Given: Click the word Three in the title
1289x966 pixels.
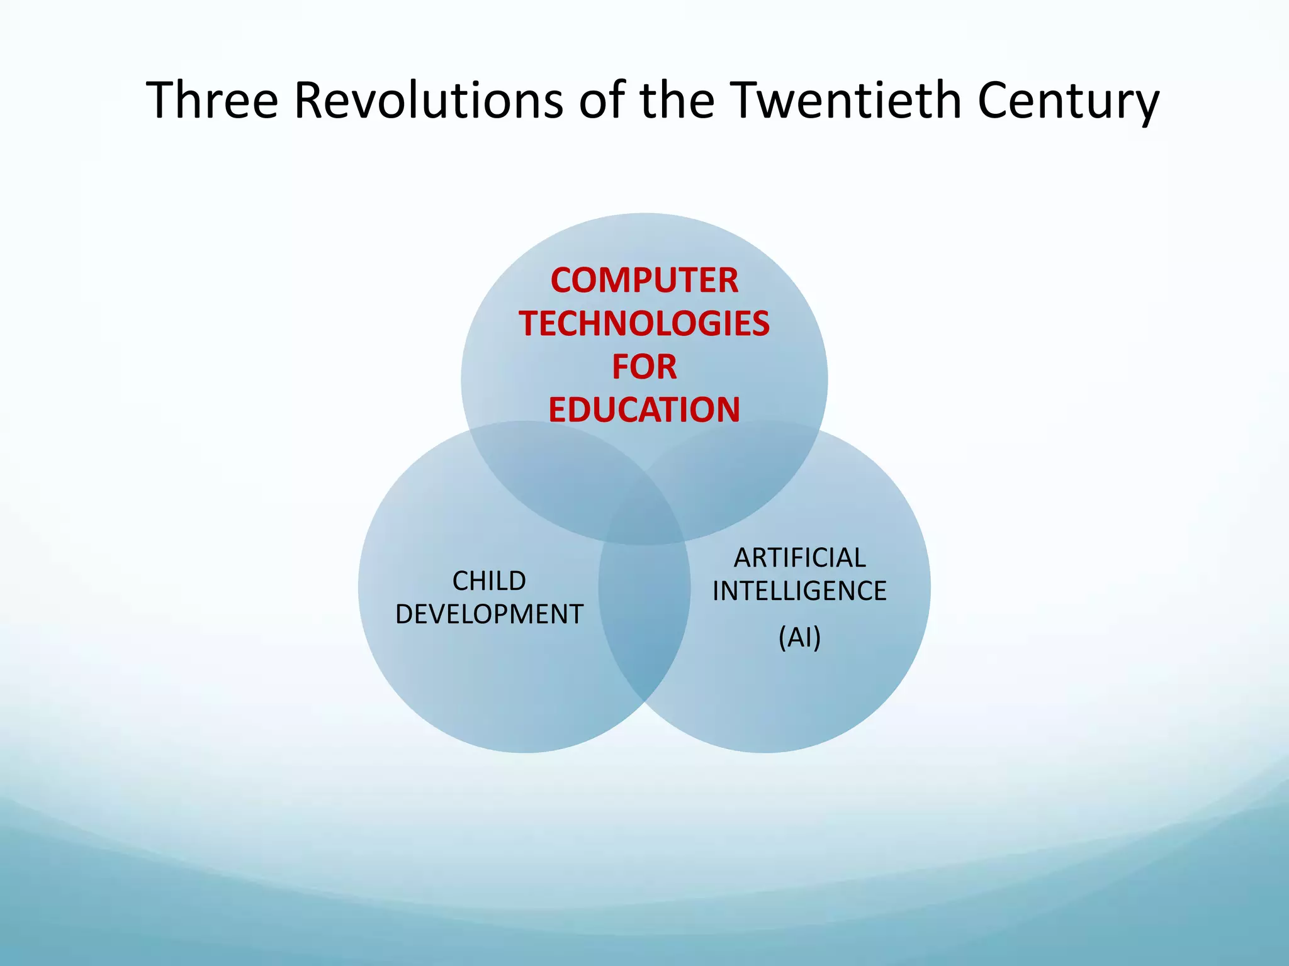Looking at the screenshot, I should (212, 101).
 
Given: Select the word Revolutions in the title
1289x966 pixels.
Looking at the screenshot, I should (428, 101).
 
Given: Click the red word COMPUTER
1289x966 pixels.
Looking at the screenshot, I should (644, 280).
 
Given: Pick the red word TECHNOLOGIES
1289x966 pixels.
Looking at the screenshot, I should (644, 324).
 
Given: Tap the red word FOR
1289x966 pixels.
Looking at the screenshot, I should (644, 367).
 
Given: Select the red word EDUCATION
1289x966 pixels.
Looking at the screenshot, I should (644, 410).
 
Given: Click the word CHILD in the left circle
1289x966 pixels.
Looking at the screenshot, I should (489, 581).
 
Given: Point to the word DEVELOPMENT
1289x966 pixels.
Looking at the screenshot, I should (489, 614).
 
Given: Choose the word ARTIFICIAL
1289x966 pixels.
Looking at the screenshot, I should (799, 558).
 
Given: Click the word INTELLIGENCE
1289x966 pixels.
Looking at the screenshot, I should (799, 591).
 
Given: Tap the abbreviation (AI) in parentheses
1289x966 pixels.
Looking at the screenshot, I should (799, 638).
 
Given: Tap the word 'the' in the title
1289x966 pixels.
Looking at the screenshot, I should (677, 101).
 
